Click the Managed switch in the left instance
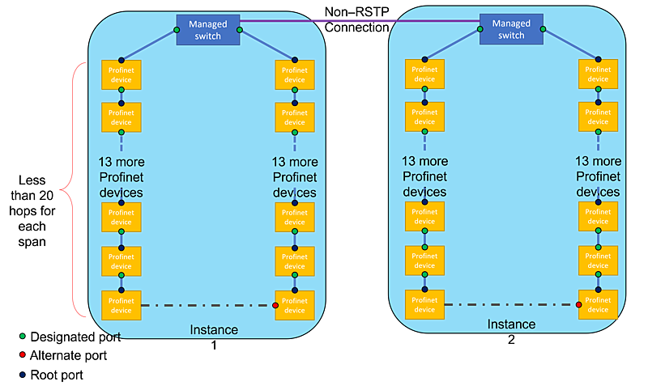pyautogui.click(x=208, y=30)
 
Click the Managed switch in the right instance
pyautogui.click(x=511, y=30)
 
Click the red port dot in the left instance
pyautogui.click(x=275, y=305)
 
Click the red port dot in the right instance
pyautogui.click(x=578, y=304)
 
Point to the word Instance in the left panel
pyautogui.click(x=214, y=330)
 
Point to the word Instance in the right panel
pyautogui.click(x=511, y=324)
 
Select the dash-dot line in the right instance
pyautogui.click(x=511, y=304)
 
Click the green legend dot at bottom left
pyautogui.click(x=22, y=335)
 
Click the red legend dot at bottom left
pyautogui.click(x=22, y=355)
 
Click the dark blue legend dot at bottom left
pyautogui.click(x=22, y=375)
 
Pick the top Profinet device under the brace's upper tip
pyautogui.click(x=121, y=74)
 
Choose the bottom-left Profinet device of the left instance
pyautogui.click(x=121, y=305)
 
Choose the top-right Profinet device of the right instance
pyautogui.click(x=598, y=74)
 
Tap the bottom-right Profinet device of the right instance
pyautogui.click(x=598, y=304)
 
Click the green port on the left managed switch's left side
pyautogui.click(x=176, y=30)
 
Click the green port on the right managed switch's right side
pyautogui.click(x=544, y=30)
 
